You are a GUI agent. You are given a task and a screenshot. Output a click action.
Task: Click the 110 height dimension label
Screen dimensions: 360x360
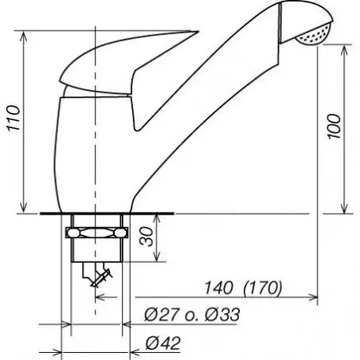[14, 118]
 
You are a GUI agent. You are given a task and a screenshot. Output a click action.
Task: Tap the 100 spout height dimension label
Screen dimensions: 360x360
[334, 127]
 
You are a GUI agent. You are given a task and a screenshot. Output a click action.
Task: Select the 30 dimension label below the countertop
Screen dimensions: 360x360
[147, 237]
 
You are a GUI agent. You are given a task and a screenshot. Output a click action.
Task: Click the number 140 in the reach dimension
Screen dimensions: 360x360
[219, 288]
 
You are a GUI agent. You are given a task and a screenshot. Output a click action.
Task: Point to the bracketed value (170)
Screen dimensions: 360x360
[263, 288]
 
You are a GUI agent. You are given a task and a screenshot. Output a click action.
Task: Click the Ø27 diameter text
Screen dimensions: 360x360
[161, 315]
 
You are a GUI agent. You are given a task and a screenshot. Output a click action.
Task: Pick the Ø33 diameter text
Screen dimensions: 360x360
[222, 315]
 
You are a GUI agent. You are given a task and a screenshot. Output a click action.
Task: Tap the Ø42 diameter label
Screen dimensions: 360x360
[163, 343]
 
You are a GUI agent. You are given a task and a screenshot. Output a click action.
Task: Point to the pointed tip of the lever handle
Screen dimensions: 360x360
[198, 32]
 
